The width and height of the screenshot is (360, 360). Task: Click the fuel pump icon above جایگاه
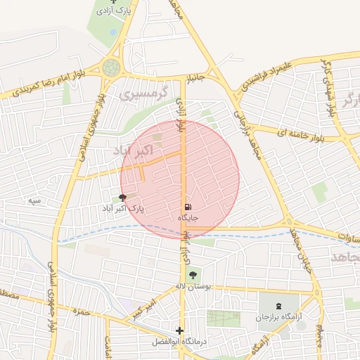click(x=188, y=207)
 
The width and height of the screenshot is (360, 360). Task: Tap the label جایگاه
click(x=188, y=218)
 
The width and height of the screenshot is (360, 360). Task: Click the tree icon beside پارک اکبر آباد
click(x=124, y=198)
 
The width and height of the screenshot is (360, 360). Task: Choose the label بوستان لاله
click(x=193, y=287)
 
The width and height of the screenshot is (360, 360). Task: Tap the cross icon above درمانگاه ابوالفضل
click(x=180, y=330)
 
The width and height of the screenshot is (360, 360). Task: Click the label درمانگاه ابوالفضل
click(x=180, y=342)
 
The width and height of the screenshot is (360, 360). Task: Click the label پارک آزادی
click(x=115, y=12)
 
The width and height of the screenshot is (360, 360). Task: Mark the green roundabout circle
click(x=111, y=67)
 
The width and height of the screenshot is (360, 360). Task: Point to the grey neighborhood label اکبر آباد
click(x=132, y=151)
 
